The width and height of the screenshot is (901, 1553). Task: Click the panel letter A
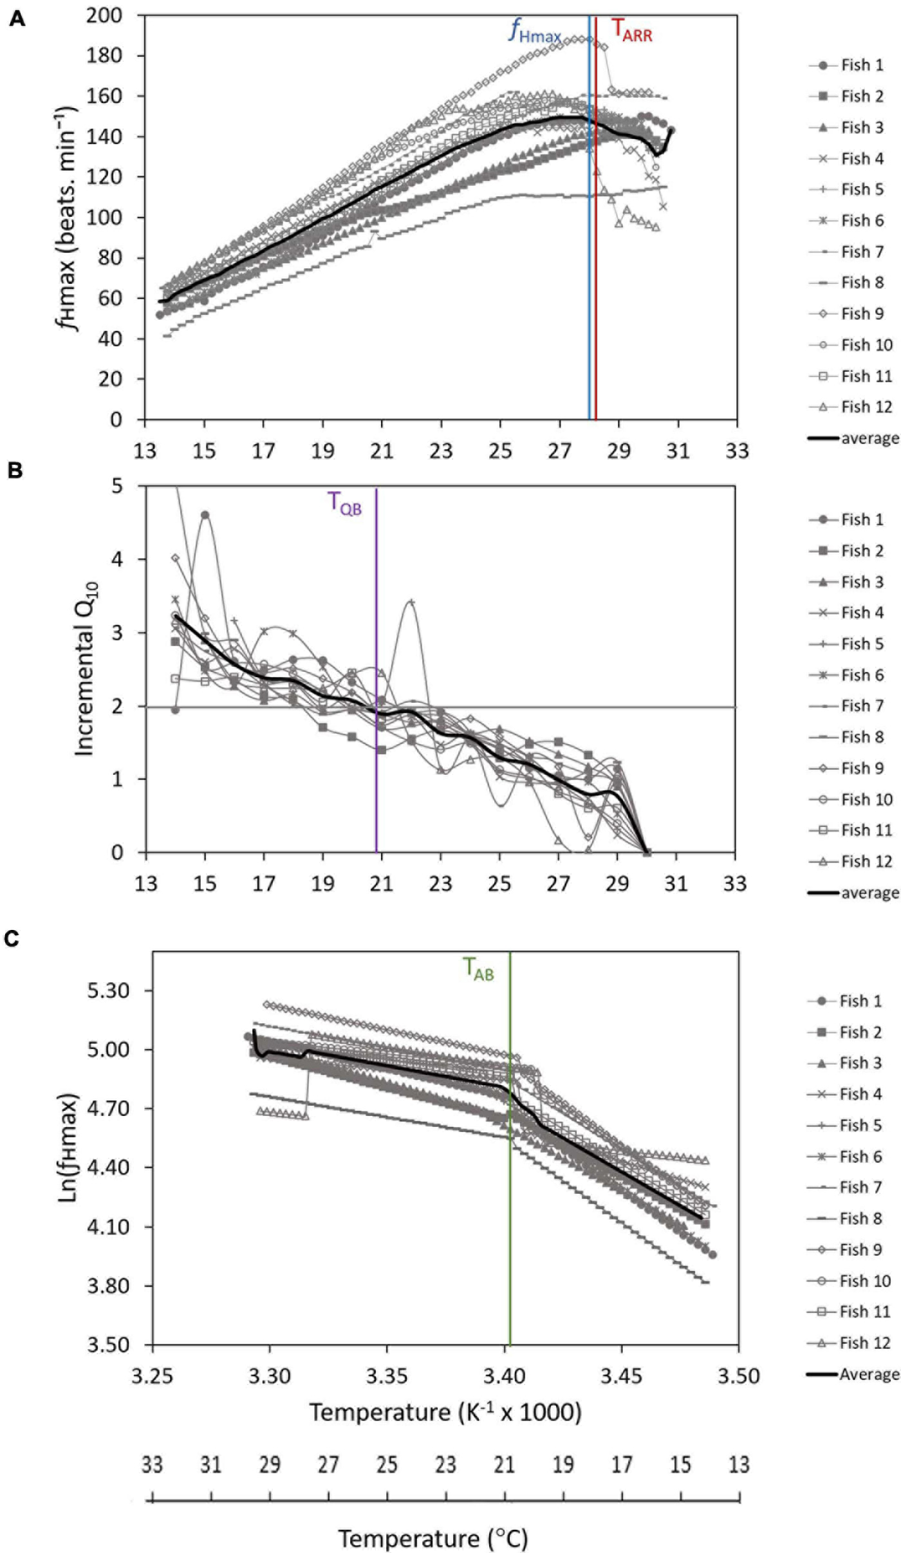[x=17, y=19]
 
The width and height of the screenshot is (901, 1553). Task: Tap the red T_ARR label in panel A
[x=631, y=30]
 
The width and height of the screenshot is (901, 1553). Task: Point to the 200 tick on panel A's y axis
[x=104, y=15]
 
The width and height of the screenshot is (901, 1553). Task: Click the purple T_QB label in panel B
[x=345, y=503]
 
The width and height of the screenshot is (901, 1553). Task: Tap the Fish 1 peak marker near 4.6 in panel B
[x=205, y=515]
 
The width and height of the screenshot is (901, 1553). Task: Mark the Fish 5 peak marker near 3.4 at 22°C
[x=411, y=602]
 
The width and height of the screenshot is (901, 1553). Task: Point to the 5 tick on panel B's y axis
[x=116, y=485]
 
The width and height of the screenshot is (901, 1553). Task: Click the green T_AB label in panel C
[x=479, y=969]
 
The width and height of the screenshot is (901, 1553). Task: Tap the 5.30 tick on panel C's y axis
[x=108, y=990]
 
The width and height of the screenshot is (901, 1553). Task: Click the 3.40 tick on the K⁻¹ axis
[x=504, y=1377]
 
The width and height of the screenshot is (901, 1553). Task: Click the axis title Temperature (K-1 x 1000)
[x=445, y=1413]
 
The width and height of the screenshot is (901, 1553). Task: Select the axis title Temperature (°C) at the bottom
[x=432, y=1538]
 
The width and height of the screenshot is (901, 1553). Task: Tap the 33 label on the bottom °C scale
[x=152, y=1465]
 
